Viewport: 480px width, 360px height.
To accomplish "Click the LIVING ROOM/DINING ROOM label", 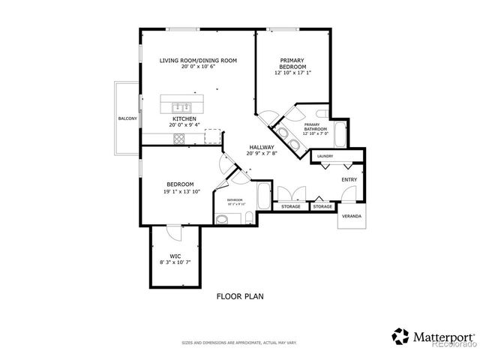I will coord(199,60).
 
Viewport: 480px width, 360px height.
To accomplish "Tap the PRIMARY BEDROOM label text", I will coord(292,63).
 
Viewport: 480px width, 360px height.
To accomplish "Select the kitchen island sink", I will coord(181,106).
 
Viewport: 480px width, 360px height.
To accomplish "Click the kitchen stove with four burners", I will coord(181,139).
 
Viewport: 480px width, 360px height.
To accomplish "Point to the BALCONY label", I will coord(126,119).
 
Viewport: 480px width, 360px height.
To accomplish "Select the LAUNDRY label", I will coord(325,156).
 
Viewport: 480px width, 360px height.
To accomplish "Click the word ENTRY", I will coord(349,179).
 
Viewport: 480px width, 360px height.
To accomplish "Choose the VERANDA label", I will coord(351,216).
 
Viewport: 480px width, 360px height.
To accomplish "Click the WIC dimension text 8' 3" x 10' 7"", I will coord(175,262).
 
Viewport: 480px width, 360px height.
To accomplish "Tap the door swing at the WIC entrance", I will coord(173,233).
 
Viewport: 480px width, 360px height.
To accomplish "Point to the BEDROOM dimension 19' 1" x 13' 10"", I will coord(180,190).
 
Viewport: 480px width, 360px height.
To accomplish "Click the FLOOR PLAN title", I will coord(239,296).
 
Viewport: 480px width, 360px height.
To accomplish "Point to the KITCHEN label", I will coord(184,119).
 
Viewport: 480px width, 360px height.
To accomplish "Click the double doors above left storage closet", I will coord(289,193).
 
